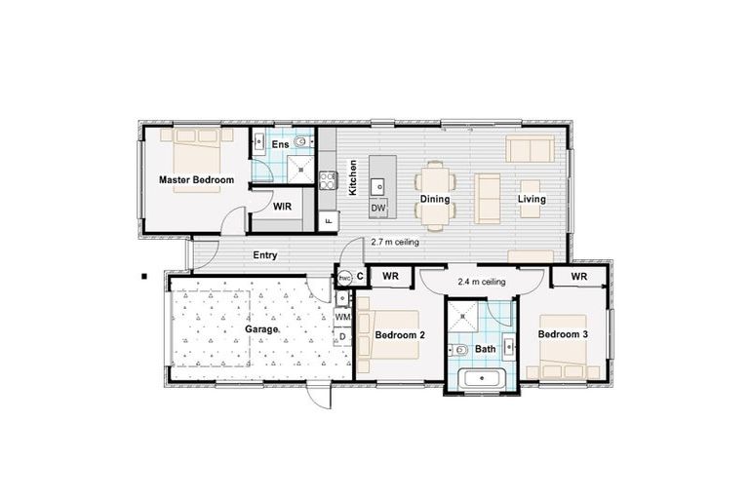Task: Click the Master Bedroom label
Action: [197, 180]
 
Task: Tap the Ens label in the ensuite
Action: [280, 145]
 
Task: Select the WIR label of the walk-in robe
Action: [282, 208]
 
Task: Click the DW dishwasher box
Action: [378, 209]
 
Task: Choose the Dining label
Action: [435, 200]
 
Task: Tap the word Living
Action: [532, 200]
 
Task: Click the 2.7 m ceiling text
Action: [395, 243]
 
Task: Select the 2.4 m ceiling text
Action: [481, 282]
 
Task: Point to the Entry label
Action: [265, 255]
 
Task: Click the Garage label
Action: [261, 329]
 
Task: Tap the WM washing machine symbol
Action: [341, 317]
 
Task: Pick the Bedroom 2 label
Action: [400, 336]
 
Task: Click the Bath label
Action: [486, 348]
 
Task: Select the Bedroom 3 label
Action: [563, 336]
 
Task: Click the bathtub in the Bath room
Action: [481, 380]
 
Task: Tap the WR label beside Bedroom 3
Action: [579, 277]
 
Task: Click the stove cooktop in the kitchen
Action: [328, 179]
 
